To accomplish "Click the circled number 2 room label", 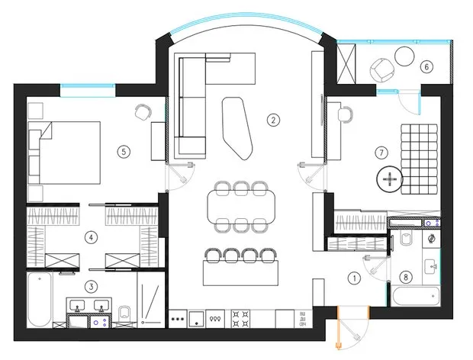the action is click(273, 121).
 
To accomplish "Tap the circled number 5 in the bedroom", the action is click(124, 152).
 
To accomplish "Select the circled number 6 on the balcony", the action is click(426, 66).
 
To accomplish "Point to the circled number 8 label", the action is click(406, 277).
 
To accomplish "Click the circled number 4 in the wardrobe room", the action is click(91, 238).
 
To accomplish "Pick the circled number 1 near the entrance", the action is click(355, 278).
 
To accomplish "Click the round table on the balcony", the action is click(405, 56).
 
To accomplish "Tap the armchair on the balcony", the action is click(382, 70).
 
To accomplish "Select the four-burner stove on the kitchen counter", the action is click(241, 319).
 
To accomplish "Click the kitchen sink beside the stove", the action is click(197, 319).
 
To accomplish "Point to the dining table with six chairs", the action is click(241, 207).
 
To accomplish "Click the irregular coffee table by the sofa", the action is click(237, 127).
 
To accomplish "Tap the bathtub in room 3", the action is click(40, 300).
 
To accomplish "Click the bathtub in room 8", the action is click(416, 296).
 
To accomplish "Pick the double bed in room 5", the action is click(64, 153).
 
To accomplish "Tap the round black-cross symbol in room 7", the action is click(390, 179).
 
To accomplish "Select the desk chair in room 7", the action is click(346, 114).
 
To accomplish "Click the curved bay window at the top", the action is click(246, 19).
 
